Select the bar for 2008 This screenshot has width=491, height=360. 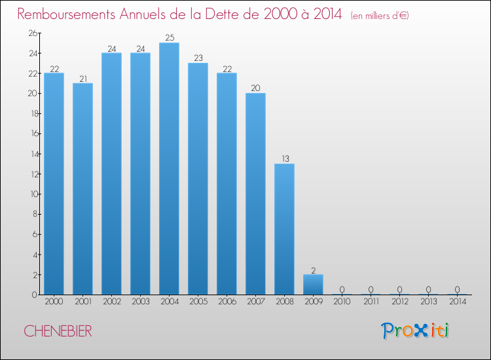tap(284, 229)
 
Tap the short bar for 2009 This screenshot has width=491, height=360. tap(313, 285)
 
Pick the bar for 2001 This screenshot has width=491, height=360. tap(82, 189)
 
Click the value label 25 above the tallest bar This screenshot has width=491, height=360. tap(169, 38)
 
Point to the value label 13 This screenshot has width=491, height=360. tap(284, 159)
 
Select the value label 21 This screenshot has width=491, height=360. tap(82, 79)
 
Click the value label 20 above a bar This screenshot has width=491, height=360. tap(255, 88)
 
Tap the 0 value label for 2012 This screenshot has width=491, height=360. tap(399, 289)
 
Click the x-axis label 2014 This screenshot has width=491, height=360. tap(457, 302)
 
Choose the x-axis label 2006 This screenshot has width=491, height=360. tap(227, 302)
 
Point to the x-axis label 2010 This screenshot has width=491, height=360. tap(342, 302)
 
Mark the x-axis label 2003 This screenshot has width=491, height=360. tap(140, 302)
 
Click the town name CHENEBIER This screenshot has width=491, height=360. tap(58, 331)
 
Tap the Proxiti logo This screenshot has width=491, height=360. tap(415, 331)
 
